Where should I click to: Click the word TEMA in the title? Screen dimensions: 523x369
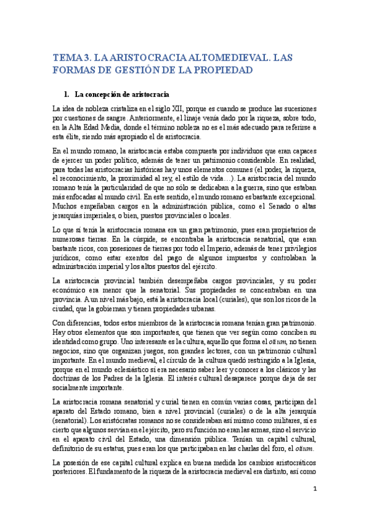(x=66, y=57)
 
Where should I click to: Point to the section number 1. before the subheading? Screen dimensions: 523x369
(x=67, y=95)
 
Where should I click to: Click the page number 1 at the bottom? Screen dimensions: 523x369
(x=314, y=489)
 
